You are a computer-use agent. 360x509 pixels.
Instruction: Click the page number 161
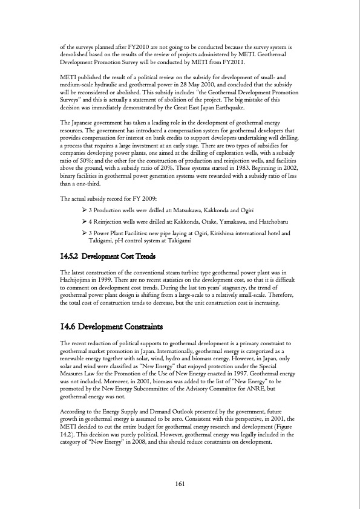[x=180, y=483]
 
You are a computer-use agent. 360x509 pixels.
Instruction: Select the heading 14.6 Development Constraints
[x=112, y=327]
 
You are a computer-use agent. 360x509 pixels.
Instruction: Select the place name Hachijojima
[x=80, y=282]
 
